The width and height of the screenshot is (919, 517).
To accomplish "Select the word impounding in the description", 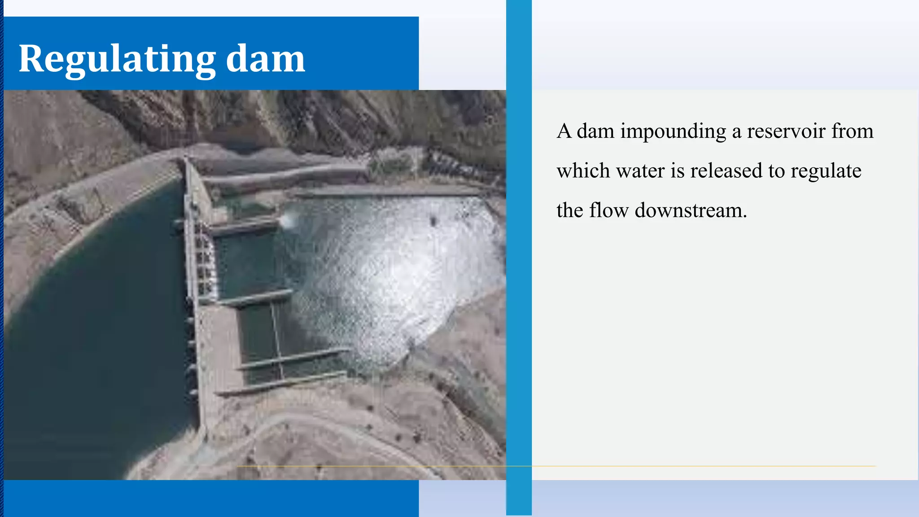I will point(673,131).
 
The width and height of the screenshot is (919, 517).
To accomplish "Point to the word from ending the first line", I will point(852,131).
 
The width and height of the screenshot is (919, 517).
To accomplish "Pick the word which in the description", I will point(583,171).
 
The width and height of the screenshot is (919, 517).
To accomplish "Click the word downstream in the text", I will point(691,210).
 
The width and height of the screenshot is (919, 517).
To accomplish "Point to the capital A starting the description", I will point(564,131).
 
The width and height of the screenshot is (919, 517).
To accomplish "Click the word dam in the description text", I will point(595,131).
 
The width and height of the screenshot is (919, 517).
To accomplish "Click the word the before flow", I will point(569,210).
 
